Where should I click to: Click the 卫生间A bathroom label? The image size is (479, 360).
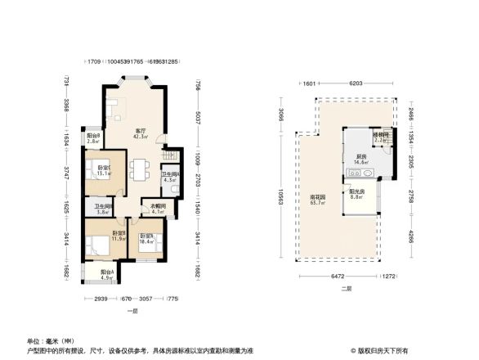click(169, 176)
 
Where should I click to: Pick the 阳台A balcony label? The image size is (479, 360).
click(107, 273)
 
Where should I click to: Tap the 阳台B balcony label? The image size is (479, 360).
click(93, 137)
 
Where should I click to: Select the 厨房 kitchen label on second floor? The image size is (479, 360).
click(360, 159)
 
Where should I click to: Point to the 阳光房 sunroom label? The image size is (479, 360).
click(356, 193)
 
